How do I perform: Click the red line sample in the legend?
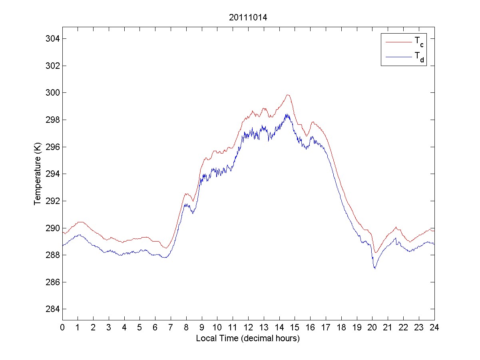coord(398,42)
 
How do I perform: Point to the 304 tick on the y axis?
coord(53,39)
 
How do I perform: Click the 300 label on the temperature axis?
coord(53,93)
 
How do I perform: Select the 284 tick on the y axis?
coord(53,309)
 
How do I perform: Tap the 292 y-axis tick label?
coord(53,201)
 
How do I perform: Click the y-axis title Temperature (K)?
coord(38,174)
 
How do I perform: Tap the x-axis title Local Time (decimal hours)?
coord(248,338)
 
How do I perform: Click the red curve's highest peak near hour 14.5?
coord(287,95)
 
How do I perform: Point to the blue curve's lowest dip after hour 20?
coord(375,268)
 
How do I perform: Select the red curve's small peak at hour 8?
coord(186,194)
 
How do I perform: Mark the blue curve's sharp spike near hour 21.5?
coord(395,238)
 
